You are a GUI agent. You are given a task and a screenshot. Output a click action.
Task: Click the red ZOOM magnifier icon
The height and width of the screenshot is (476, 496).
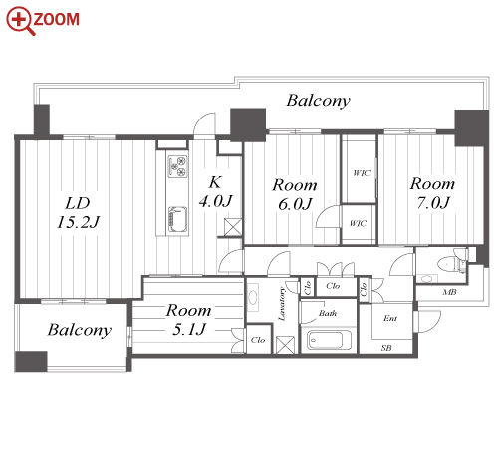pyautogui.click(x=21, y=20)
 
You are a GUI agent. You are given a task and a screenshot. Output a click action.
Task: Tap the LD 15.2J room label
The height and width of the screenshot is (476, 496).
pyautogui.click(x=78, y=213)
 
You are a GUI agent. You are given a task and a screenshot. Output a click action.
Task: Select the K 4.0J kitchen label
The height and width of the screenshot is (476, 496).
pyautogui.click(x=216, y=192)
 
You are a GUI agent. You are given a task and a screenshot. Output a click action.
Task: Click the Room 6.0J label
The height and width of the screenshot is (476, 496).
pyautogui.click(x=295, y=194)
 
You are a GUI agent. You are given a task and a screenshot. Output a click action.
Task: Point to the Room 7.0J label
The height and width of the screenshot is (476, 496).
pyautogui.click(x=432, y=193)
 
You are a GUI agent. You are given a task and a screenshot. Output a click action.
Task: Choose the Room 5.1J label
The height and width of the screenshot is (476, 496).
pyautogui.click(x=188, y=319)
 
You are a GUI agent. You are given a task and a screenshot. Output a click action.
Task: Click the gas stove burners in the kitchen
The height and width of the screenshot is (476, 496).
pyautogui.click(x=178, y=166)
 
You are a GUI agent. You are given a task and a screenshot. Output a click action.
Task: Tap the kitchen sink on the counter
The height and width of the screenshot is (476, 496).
pyautogui.click(x=177, y=219)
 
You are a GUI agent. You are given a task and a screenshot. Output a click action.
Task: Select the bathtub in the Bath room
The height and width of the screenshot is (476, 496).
pyautogui.click(x=329, y=340)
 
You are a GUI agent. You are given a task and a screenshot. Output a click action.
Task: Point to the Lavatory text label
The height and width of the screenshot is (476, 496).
pyautogui.click(x=282, y=303)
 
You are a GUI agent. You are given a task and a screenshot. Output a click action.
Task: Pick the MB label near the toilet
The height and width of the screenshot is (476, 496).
pyautogui.click(x=449, y=292)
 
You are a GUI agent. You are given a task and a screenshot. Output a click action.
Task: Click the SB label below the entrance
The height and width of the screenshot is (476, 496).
pyautogui.click(x=386, y=348)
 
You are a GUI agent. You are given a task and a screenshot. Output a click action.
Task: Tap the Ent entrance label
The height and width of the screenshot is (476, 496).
pyautogui.click(x=390, y=318)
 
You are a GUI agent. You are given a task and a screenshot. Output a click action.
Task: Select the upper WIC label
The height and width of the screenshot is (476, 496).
pyautogui.click(x=362, y=173)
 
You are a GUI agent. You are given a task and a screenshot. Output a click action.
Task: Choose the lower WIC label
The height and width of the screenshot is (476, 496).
pyautogui.click(x=358, y=223)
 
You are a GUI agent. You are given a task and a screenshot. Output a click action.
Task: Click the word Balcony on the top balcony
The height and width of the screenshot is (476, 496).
pyautogui.click(x=318, y=101)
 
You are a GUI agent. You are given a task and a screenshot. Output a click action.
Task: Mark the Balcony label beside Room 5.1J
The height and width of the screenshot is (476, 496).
pyautogui.click(x=79, y=330)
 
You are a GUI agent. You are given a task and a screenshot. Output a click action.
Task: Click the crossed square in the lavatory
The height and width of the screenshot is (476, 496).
pyautogui.click(x=285, y=345)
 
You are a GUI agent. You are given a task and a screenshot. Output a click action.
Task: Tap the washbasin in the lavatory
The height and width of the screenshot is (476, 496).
pyautogui.click(x=253, y=297)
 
